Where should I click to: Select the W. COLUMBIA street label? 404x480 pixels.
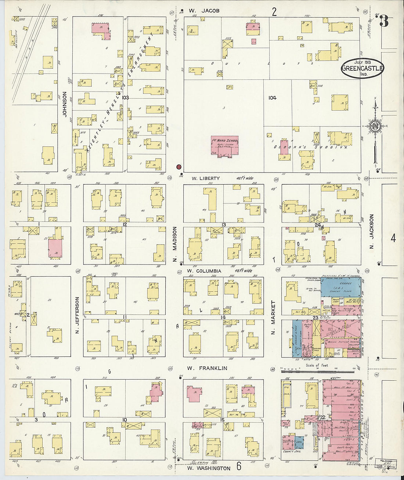(x=204, y=271)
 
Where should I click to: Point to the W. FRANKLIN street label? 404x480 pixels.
(x=207, y=368)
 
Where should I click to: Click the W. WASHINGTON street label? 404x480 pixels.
(x=209, y=468)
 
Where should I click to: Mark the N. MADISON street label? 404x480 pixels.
(x=175, y=244)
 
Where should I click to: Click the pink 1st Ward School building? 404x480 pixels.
(x=224, y=146)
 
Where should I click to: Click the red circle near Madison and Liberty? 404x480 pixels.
(x=179, y=167)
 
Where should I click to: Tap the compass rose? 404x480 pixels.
(x=375, y=126)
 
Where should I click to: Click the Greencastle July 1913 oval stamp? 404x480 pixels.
(x=362, y=68)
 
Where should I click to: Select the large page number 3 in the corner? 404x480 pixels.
(x=384, y=21)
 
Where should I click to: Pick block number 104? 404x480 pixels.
(x=272, y=98)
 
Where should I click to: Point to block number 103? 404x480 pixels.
(x=125, y=98)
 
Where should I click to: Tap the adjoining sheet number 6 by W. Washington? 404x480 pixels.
(x=239, y=467)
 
